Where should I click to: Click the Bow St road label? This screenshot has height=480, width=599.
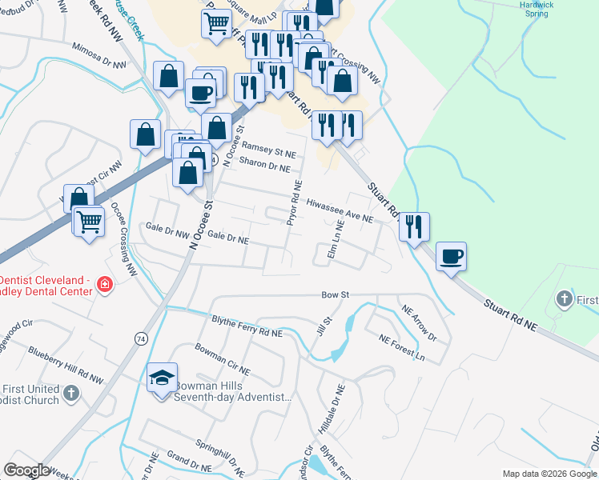click(x=336, y=295)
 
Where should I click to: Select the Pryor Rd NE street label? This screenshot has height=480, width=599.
click(x=295, y=202)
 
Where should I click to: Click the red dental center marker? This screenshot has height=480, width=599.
click(x=103, y=284)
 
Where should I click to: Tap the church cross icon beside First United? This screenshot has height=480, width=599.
click(x=71, y=393)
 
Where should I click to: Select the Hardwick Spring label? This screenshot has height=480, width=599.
click(x=536, y=9)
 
